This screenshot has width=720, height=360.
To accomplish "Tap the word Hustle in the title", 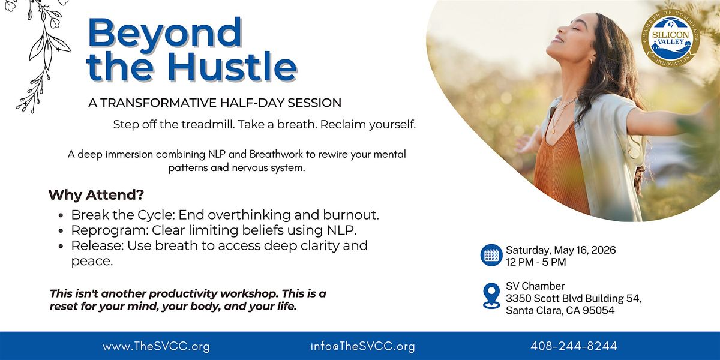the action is pyautogui.click(x=232, y=66).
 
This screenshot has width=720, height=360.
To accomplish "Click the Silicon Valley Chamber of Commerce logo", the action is pyautogui.click(x=670, y=38).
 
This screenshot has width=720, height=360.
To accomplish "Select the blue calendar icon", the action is pyautogui.click(x=491, y=255).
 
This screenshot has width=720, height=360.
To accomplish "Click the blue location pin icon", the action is pyautogui.click(x=491, y=296).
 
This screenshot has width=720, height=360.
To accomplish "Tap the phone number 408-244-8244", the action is pyautogui.click(x=574, y=346).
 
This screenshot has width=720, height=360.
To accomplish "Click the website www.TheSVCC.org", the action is pyautogui.click(x=156, y=347).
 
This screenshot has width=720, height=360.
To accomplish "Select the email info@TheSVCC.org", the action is pyautogui.click(x=362, y=347).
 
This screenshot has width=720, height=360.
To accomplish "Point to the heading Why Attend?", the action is pyautogui.click(x=96, y=195).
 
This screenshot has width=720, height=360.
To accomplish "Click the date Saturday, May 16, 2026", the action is pyautogui.click(x=561, y=250).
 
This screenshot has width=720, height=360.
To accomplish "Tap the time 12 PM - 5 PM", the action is pyautogui.click(x=536, y=262).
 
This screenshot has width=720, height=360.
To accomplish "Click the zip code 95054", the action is pyautogui.click(x=599, y=311).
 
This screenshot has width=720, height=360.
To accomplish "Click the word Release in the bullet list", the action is pyautogui.click(x=97, y=245).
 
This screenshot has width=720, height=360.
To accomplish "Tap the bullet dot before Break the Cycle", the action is pyautogui.click(x=61, y=215).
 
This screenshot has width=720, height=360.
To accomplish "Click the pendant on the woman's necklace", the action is pyautogui.click(x=553, y=131).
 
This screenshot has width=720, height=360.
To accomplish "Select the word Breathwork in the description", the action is pyautogui.click(x=276, y=154).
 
